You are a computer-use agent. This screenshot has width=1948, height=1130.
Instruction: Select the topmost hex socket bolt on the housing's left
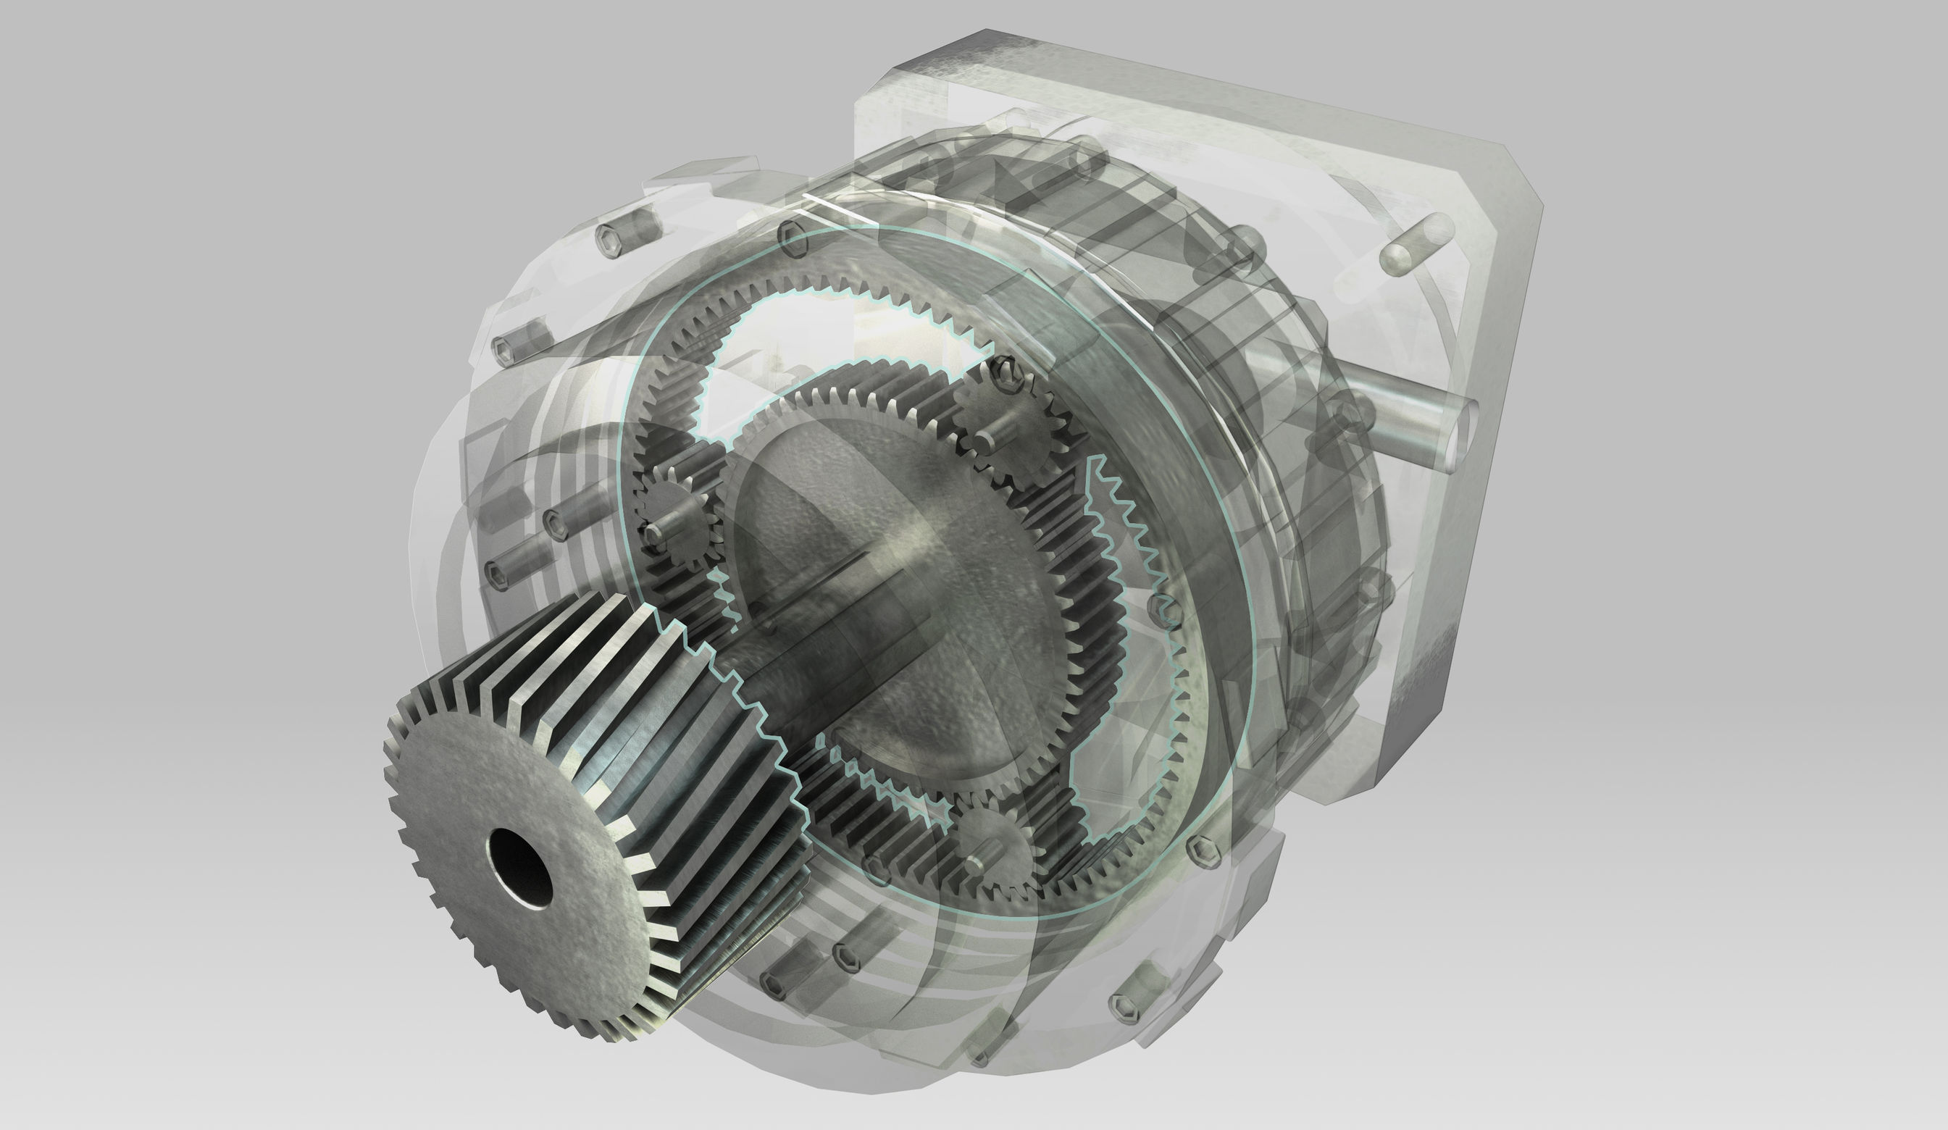point(611,235)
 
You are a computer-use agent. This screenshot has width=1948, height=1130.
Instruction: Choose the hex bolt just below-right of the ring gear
point(1206,851)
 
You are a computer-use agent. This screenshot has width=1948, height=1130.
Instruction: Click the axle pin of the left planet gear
point(656,532)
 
